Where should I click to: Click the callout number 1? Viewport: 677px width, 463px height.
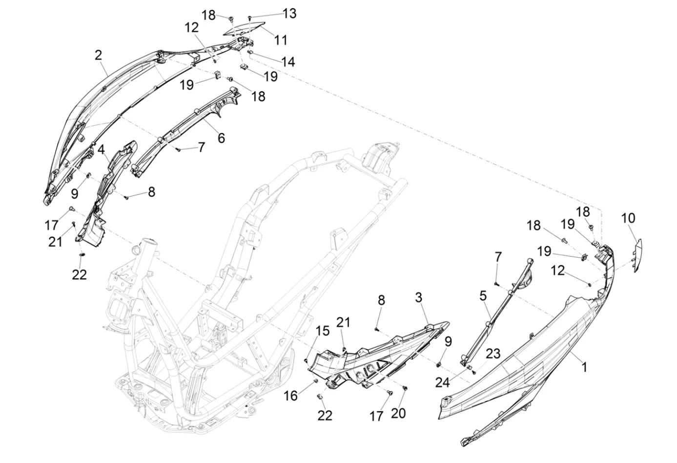pyautogui.click(x=585, y=367)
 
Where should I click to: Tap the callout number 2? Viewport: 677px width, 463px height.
pyautogui.click(x=98, y=55)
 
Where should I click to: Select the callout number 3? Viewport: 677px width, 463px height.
pyautogui.click(x=418, y=297)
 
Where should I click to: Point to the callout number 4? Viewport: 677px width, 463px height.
pyautogui.click(x=101, y=149)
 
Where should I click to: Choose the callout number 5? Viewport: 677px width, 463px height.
pyautogui.click(x=483, y=296)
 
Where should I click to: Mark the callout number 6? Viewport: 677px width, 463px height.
pyautogui.click(x=221, y=138)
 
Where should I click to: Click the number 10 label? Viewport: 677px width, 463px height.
pyautogui.click(x=628, y=218)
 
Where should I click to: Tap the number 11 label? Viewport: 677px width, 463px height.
pyautogui.click(x=281, y=40)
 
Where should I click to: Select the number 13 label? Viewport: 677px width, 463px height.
pyautogui.click(x=289, y=14)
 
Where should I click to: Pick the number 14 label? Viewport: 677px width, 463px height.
pyautogui.click(x=287, y=62)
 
